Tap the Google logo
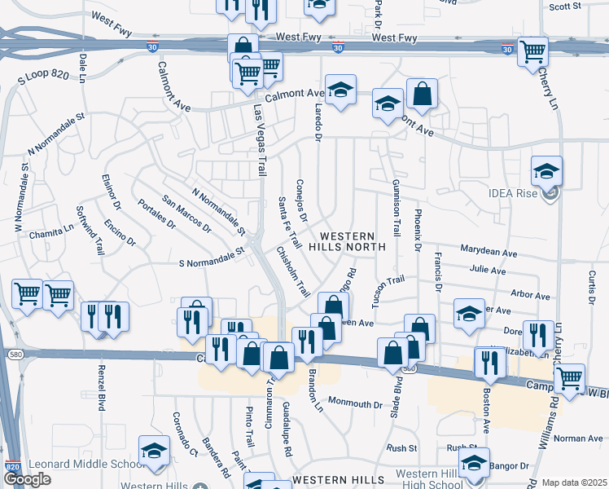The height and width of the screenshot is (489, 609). click(27, 479)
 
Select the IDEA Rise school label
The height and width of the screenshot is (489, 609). click(511, 194)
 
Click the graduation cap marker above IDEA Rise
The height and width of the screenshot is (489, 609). click(547, 172)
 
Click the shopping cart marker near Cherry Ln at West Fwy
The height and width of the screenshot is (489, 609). click(532, 52)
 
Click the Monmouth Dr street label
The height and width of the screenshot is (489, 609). click(355, 403)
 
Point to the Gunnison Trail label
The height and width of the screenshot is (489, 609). click(397, 207)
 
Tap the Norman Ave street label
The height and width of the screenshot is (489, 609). click(577, 438)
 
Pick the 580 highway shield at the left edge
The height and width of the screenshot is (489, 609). click(14, 354)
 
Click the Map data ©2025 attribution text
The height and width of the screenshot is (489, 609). click(575, 482)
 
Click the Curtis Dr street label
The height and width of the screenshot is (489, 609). click(590, 285)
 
